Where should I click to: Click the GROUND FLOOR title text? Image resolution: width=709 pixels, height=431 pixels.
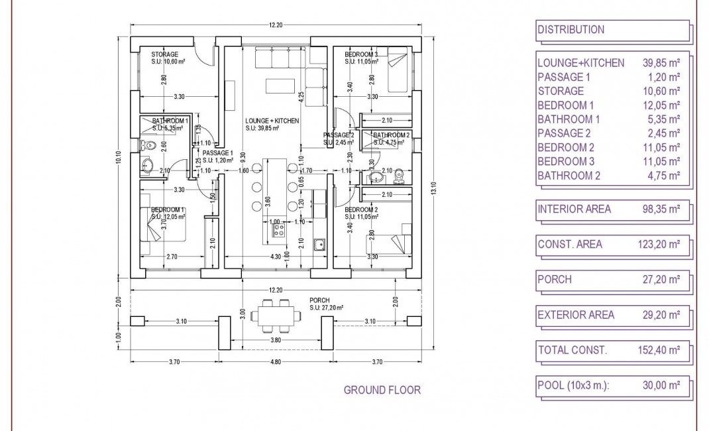[x=382, y=390]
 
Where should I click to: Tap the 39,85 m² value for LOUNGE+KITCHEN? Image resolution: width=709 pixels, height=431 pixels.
[x=662, y=63]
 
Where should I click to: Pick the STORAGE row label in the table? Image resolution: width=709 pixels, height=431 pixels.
[x=561, y=91]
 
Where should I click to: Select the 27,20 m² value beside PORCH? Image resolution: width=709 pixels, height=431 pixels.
[x=662, y=280]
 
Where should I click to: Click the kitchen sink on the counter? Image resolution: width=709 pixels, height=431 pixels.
[x=319, y=245]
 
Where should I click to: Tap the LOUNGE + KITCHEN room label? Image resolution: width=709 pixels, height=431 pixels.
[x=272, y=121]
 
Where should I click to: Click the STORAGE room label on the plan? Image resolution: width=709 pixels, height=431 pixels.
[x=164, y=54]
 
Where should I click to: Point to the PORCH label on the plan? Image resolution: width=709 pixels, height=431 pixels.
[x=319, y=300]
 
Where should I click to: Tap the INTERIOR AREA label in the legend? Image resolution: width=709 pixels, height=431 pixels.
[x=574, y=210]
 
